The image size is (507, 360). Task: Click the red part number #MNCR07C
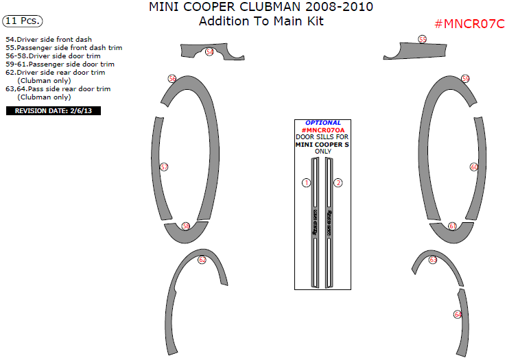469,24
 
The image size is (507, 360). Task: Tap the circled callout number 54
209,52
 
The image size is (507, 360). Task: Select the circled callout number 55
422,40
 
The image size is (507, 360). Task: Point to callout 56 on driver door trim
172,79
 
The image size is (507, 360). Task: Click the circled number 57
164,167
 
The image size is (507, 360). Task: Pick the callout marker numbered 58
186,226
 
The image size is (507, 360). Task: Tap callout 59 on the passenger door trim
465,80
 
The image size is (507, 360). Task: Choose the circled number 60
474,167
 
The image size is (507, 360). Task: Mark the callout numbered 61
453,226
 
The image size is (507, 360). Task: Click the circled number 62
202,260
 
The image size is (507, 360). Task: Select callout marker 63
433,260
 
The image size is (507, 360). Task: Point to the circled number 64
458,314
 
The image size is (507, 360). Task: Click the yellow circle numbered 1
306,182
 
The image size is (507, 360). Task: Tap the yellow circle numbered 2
338,182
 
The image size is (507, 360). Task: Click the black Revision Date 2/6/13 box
53,110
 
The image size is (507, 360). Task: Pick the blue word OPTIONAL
322,123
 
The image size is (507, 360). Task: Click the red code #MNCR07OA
322,130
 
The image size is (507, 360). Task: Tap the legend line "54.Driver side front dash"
49,40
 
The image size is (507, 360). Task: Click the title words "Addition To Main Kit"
261,21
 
